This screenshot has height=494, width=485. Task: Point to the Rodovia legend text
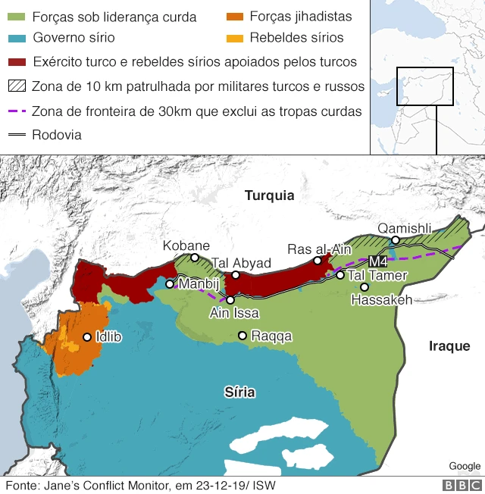pos(57,135)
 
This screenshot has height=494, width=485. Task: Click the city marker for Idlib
pos(88,337)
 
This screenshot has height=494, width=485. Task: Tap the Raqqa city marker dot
pos(242,335)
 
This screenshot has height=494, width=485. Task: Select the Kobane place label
pos(186,245)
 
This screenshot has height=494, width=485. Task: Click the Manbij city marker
pos(171,284)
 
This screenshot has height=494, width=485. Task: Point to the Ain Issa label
pos(234,313)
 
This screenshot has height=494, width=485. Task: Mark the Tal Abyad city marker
pos(236,274)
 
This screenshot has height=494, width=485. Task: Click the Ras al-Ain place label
pos(319,249)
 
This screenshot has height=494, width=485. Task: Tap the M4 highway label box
pos(377,262)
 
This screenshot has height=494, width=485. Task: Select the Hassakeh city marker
pos(365,287)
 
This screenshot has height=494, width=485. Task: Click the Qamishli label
pos(404,228)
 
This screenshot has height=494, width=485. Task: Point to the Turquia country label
pos(268,195)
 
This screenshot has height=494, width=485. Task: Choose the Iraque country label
pos(449,345)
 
